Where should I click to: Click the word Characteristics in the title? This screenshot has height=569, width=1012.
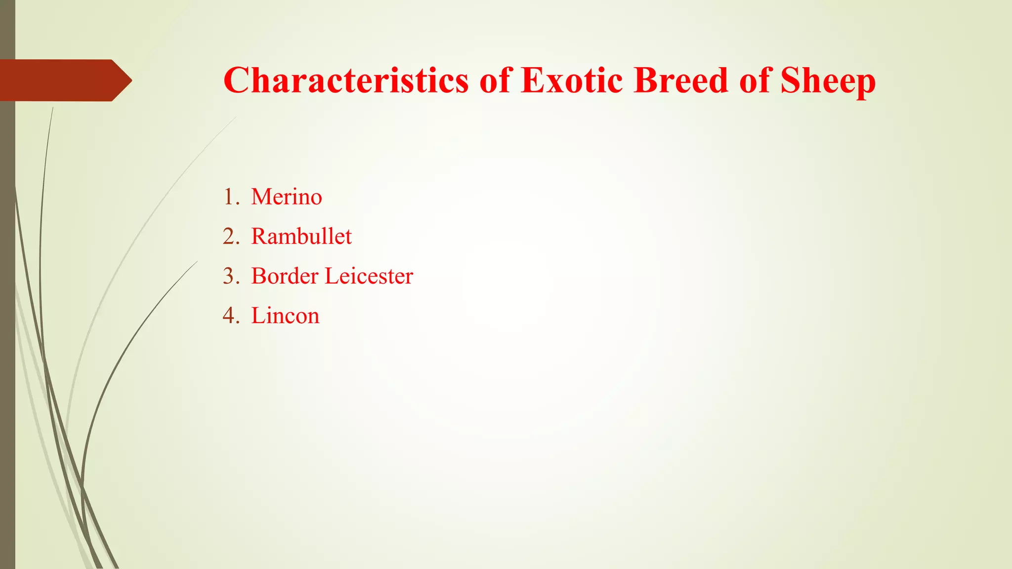tap(345, 80)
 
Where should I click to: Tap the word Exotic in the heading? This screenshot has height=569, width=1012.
tap(571, 80)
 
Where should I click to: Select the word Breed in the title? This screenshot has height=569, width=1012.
tap(681, 80)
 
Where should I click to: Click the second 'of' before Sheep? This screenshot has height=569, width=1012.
tap(755, 80)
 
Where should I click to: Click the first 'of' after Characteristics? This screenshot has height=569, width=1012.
tap(495, 80)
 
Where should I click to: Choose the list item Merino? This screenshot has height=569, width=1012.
tap(287, 197)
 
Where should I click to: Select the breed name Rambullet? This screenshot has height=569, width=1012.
tap(301, 237)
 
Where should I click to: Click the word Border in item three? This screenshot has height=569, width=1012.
tap(285, 276)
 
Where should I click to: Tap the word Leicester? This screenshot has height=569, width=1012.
tap(369, 276)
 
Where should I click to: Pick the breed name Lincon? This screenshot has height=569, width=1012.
tap(285, 316)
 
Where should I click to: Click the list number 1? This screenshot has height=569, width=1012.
tap(229, 197)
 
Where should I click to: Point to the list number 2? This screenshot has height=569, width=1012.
tap(229, 237)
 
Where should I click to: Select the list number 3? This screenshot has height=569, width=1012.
tap(229, 276)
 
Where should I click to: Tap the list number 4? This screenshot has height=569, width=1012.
tap(229, 316)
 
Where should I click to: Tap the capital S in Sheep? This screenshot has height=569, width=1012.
tap(792, 80)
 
